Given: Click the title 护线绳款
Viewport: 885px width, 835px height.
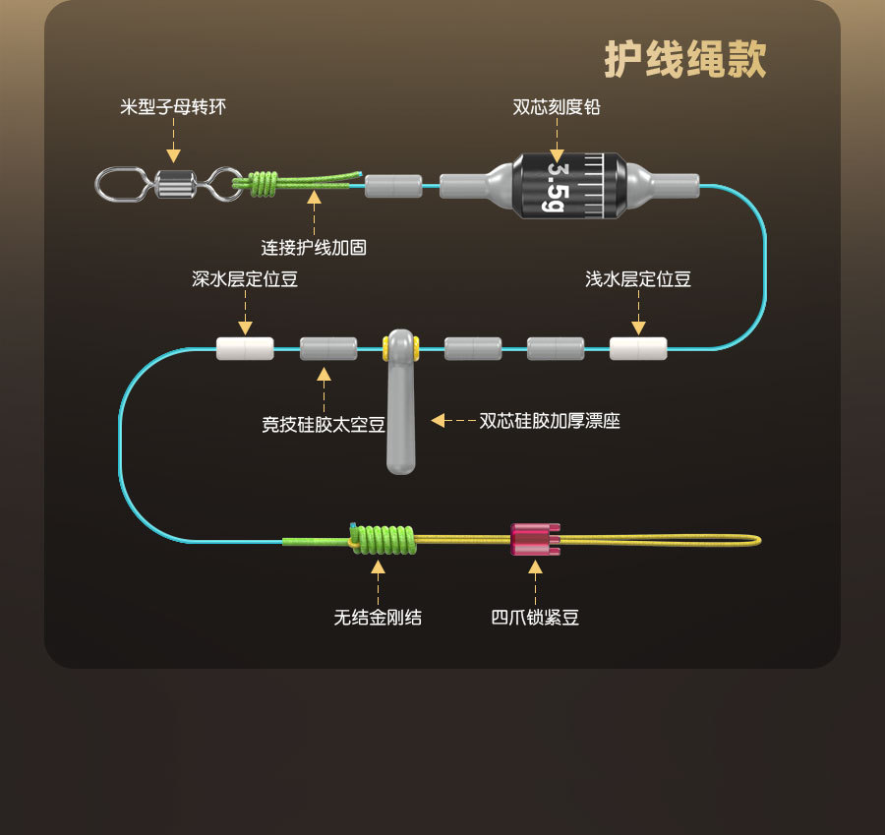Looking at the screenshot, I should tap(685, 60).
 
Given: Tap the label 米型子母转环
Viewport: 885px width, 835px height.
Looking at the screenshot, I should tap(173, 106).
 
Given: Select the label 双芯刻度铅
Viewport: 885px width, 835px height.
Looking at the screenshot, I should tap(557, 106).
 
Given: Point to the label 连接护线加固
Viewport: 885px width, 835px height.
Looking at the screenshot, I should tap(314, 247).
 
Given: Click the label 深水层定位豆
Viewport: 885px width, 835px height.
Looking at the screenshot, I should tap(245, 279).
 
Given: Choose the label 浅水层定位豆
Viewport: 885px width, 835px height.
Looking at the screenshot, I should tap(638, 279).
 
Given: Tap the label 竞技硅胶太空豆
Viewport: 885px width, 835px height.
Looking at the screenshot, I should tap(324, 425).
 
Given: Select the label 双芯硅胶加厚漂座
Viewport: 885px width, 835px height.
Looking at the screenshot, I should tap(550, 421).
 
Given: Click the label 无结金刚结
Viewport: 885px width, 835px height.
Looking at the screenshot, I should tap(378, 618).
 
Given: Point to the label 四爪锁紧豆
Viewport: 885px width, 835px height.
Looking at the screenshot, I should tap(536, 618).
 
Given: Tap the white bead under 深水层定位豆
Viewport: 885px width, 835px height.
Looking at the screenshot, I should tap(245, 348).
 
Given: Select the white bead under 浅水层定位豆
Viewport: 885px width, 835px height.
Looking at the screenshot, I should tap(638, 348).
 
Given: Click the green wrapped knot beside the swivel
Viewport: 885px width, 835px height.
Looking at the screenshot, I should tap(263, 183).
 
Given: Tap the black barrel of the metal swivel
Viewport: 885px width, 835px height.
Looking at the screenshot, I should tap(174, 183).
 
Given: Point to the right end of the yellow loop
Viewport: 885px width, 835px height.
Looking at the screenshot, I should tap(758, 539).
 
